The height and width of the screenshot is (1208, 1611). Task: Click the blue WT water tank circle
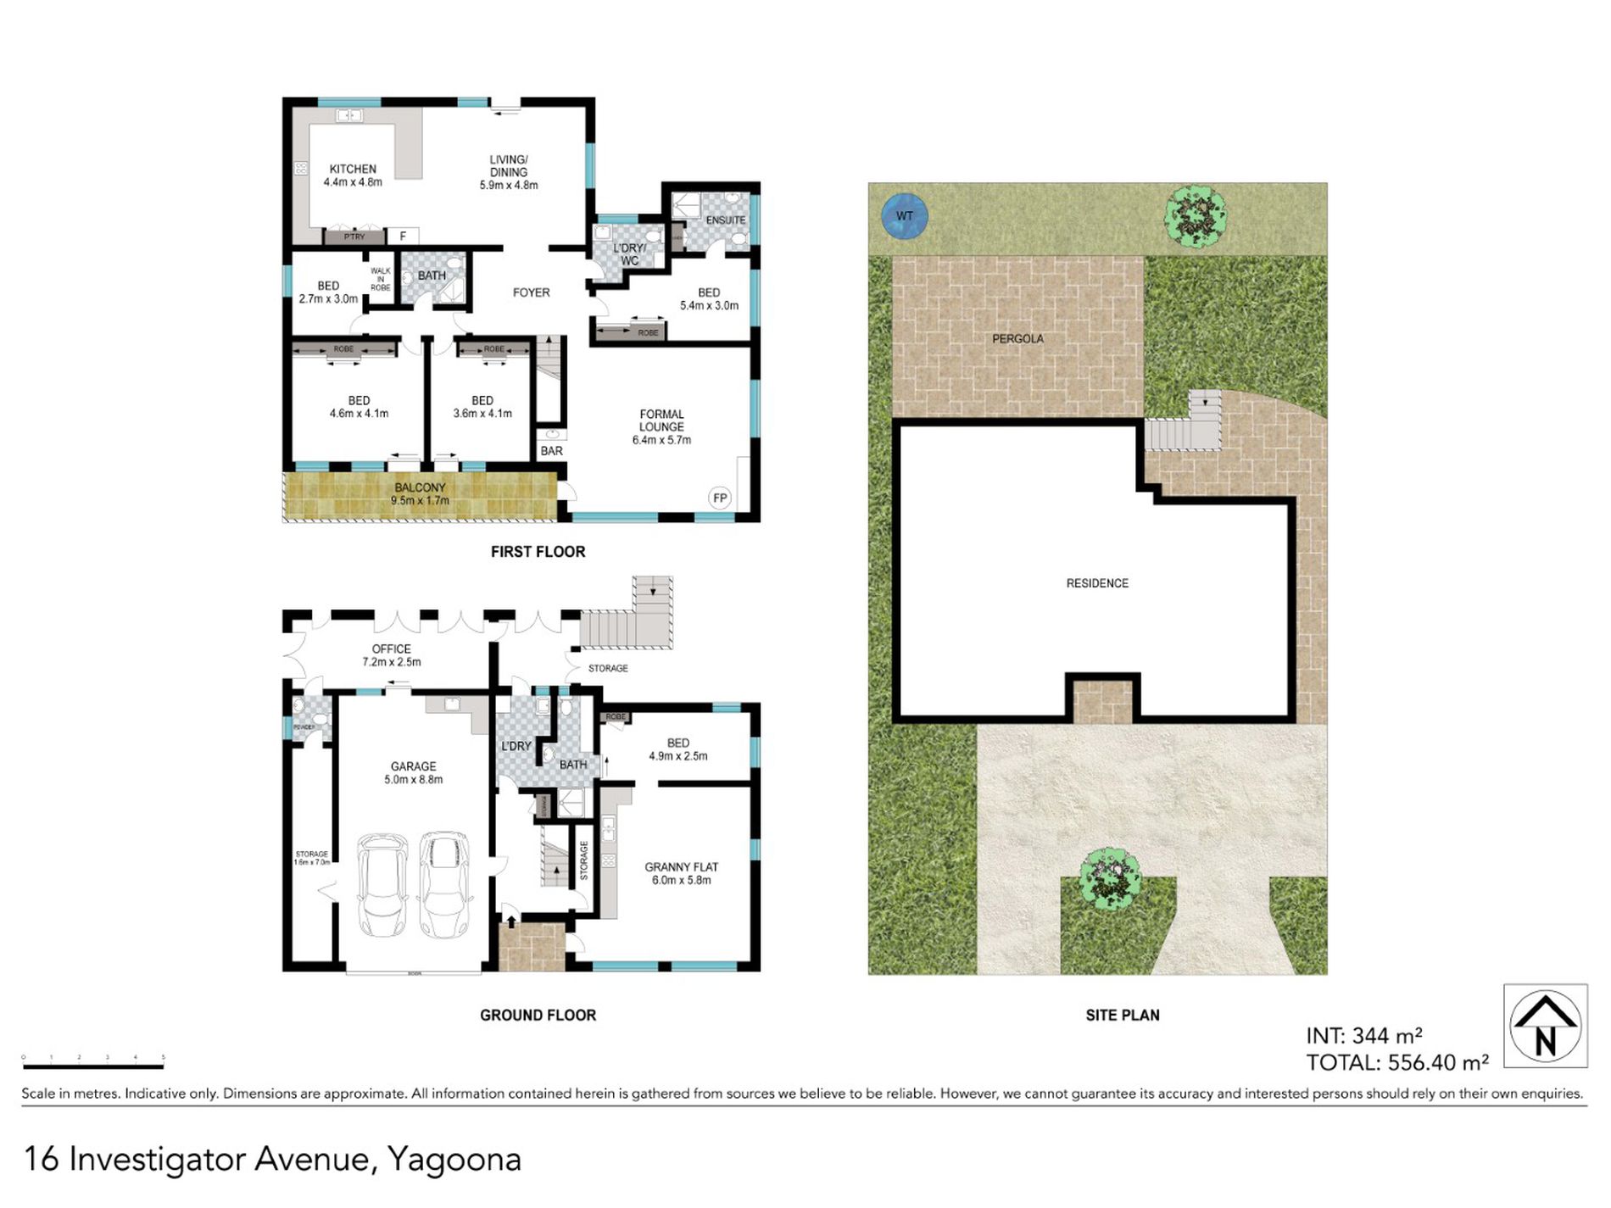click(904, 216)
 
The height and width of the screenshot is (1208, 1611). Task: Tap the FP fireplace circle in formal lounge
click(719, 498)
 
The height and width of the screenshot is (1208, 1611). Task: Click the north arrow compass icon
click(1545, 1026)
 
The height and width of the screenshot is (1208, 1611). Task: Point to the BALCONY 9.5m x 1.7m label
click(420, 493)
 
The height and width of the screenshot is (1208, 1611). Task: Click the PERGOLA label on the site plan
click(1017, 338)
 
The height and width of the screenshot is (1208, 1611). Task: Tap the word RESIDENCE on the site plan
click(1097, 583)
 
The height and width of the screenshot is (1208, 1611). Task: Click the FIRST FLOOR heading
click(538, 552)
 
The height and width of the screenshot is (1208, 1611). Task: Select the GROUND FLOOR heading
click(538, 1015)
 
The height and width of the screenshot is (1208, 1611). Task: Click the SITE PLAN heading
click(1122, 1015)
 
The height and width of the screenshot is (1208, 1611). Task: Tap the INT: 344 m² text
click(1363, 1036)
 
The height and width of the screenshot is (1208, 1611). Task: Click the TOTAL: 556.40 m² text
click(1396, 1062)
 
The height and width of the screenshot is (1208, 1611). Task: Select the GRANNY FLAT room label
click(681, 872)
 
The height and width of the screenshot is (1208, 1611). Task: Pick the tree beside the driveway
click(1109, 878)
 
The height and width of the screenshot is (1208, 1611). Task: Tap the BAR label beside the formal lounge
click(551, 451)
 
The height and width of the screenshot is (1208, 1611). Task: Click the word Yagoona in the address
click(454, 1159)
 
